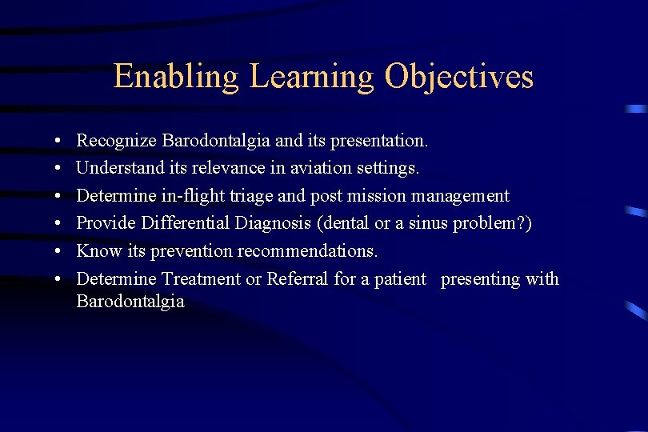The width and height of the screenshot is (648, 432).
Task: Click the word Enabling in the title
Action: click(x=176, y=77)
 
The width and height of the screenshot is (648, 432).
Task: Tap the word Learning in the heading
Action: click(x=311, y=77)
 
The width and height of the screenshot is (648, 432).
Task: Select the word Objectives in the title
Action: click(x=458, y=77)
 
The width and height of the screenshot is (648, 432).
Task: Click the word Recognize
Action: click(x=116, y=142)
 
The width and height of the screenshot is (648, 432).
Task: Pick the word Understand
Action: click(x=117, y=169)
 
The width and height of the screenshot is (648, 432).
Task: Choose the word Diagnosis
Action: click(x=268, y=223)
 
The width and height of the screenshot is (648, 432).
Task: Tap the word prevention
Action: click(x=175, y=251)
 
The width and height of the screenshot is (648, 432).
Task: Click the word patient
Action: click(x=399, y=278)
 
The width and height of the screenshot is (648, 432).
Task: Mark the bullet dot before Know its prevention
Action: click(x=60, y=251)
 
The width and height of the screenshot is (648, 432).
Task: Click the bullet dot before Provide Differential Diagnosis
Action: click(x=60, y=224)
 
